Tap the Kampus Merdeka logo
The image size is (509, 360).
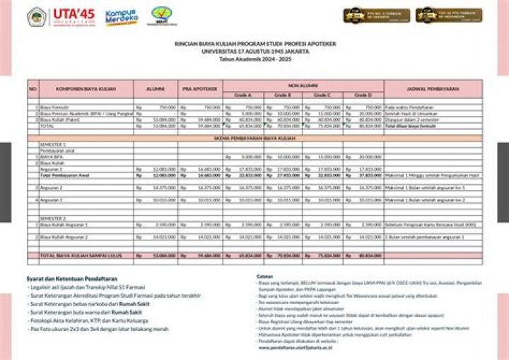[x=121, y=17]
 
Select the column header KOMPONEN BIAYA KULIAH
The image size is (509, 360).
[x=86, y=89]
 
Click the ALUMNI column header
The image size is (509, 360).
[x=155, y=89]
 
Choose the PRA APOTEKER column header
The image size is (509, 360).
[x=199, y=89]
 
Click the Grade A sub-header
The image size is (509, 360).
[x=243, y=94]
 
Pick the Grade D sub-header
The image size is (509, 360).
[x=363, y=94]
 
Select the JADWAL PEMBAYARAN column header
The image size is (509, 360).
[x=433, y=89]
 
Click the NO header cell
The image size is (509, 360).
[x=33, y=89]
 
